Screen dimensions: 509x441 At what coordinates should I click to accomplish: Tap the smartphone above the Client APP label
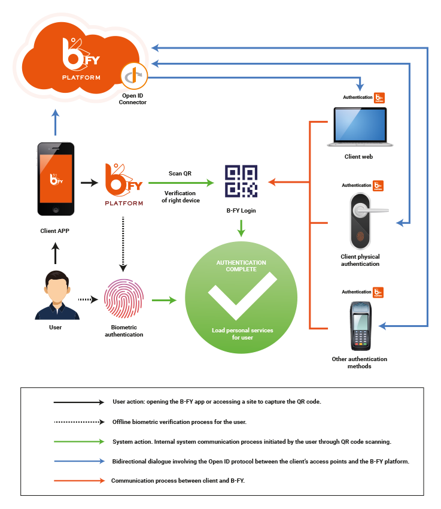click(55, 178)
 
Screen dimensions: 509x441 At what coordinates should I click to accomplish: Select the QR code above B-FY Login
click(242, 181)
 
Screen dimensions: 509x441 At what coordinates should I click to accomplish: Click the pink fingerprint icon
click(123, 300)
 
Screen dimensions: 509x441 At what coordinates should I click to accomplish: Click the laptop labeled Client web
click(360, 127)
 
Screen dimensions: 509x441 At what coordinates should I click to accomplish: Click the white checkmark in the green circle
click(242, 297)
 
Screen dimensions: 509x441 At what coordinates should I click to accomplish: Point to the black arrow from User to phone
click(56, 253)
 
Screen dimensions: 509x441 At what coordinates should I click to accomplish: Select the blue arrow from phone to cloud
click(56, 123)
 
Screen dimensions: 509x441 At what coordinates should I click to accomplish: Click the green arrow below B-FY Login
click(241, 228)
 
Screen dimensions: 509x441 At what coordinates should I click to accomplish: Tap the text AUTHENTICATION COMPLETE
click(241, 266)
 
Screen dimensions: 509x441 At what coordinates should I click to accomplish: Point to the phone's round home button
click(55, 210)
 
